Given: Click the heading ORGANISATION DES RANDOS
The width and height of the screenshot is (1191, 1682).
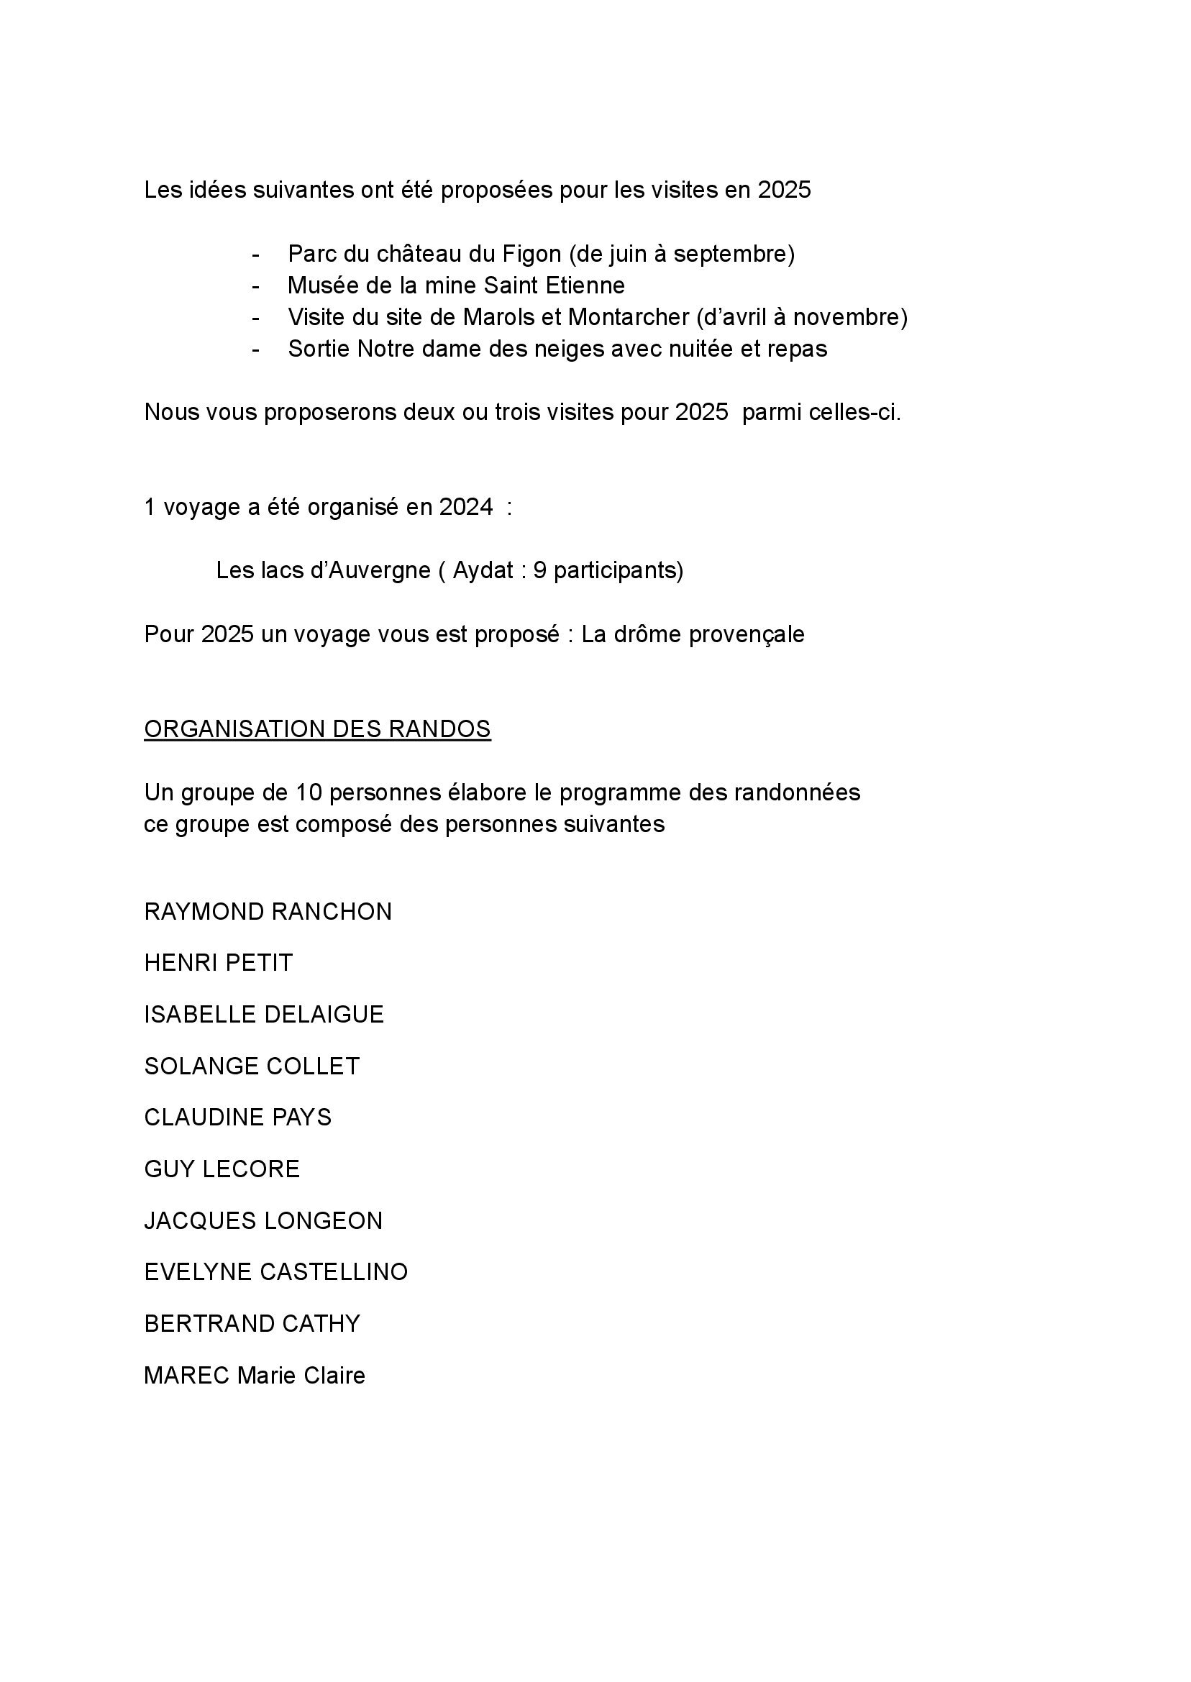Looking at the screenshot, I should (317, 728).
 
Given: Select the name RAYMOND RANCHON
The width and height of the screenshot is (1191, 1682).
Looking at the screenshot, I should (268, 911).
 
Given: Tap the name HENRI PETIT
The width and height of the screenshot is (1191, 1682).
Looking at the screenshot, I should (219, 963).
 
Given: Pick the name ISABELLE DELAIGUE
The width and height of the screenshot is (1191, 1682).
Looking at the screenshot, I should (264, 1014).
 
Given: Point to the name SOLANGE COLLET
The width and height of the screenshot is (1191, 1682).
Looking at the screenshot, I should (252, 1066).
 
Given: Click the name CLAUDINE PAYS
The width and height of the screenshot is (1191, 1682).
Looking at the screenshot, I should (237, 1117).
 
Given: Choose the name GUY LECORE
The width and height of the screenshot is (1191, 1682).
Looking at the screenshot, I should (222, 1169).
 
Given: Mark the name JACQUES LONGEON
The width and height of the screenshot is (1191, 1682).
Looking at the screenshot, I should (263, 1220).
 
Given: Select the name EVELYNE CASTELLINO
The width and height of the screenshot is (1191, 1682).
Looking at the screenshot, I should (275, 1271).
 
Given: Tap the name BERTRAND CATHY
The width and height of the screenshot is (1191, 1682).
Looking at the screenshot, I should (252, 1323).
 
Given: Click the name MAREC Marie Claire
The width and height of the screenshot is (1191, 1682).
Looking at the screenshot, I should (255, 1375).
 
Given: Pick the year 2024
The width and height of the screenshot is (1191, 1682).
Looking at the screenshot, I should (466, 507).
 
